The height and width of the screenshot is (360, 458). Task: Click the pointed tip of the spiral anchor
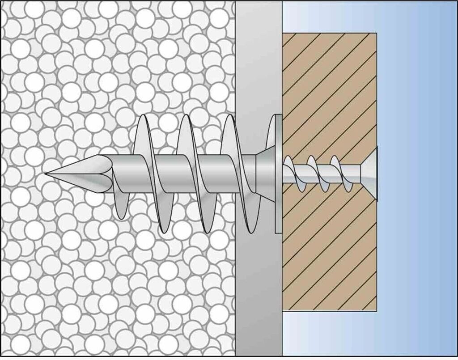coord(48,173)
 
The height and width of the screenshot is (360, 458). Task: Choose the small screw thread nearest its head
coord(338,172)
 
